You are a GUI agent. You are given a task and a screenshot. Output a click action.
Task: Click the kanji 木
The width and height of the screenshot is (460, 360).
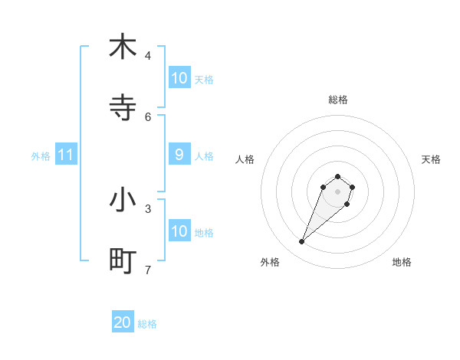(123, 47)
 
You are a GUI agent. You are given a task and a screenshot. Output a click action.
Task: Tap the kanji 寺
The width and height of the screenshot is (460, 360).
(123, 108)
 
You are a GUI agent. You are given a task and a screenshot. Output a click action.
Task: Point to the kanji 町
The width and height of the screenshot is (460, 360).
(123, 261)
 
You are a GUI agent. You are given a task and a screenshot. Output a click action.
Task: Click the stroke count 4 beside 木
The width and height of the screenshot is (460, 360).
(148, 55)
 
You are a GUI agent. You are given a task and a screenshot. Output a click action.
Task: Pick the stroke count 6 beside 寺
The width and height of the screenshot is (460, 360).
(148, 116)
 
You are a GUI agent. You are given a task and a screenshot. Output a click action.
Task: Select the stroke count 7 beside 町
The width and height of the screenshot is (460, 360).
(148, 270)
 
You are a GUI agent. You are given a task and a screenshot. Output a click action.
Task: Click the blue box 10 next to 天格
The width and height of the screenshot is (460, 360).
(179, 78)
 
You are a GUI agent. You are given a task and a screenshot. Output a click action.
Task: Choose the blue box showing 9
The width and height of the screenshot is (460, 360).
(179, 155)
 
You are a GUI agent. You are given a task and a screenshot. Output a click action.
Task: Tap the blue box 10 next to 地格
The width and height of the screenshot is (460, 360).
(179, 231)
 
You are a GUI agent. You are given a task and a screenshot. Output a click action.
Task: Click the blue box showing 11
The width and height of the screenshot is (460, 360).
(66, 155)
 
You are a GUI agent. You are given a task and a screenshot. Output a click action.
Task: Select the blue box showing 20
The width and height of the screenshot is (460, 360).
(123, 322)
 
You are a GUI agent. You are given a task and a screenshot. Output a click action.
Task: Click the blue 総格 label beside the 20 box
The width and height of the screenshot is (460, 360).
(147, 324)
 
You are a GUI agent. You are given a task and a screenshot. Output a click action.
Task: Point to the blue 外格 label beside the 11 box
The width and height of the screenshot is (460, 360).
(41, 156)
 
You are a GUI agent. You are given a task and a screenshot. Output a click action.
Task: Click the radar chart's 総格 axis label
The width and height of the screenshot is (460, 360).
(337, 100)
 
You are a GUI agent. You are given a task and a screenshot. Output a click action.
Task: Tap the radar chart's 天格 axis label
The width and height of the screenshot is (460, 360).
(431, 159)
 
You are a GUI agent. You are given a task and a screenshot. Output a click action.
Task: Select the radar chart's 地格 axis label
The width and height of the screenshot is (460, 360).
(402, 262)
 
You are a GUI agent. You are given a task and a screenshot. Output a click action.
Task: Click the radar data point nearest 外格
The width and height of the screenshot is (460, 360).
(302, 242)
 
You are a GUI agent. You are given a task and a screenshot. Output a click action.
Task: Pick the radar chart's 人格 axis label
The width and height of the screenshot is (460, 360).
(245, 159)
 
